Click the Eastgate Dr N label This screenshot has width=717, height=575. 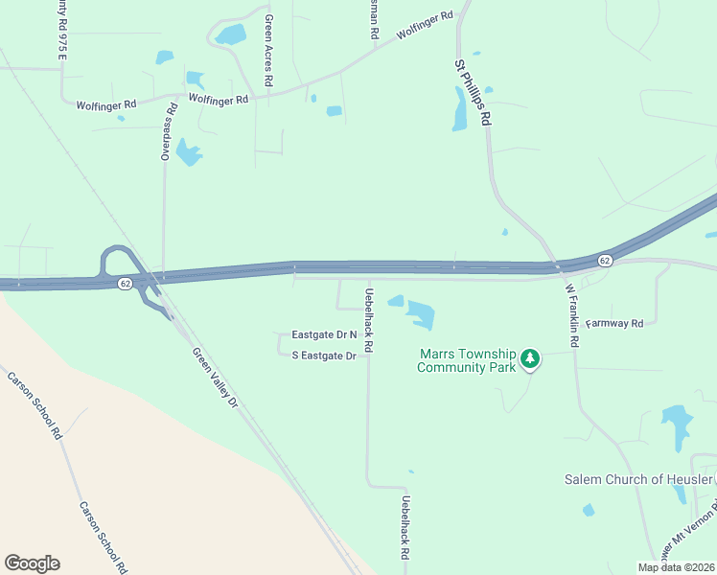tap(324, 334)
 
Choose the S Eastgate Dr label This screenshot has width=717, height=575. tap(324, 356)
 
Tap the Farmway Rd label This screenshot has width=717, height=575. tap(614, 324)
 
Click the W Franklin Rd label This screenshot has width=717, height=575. tap(572, 321)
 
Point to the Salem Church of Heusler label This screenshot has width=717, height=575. tap(638, 479)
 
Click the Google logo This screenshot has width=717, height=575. tap(32, 563)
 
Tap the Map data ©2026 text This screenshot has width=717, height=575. tap(676, 567)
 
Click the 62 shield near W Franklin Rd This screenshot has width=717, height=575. tap(605, 261)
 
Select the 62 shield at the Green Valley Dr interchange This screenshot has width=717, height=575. tap(126, 284)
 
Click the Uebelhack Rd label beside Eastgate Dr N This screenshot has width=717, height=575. tap(367, 319)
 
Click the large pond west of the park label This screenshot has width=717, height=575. tap(420, 313)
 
